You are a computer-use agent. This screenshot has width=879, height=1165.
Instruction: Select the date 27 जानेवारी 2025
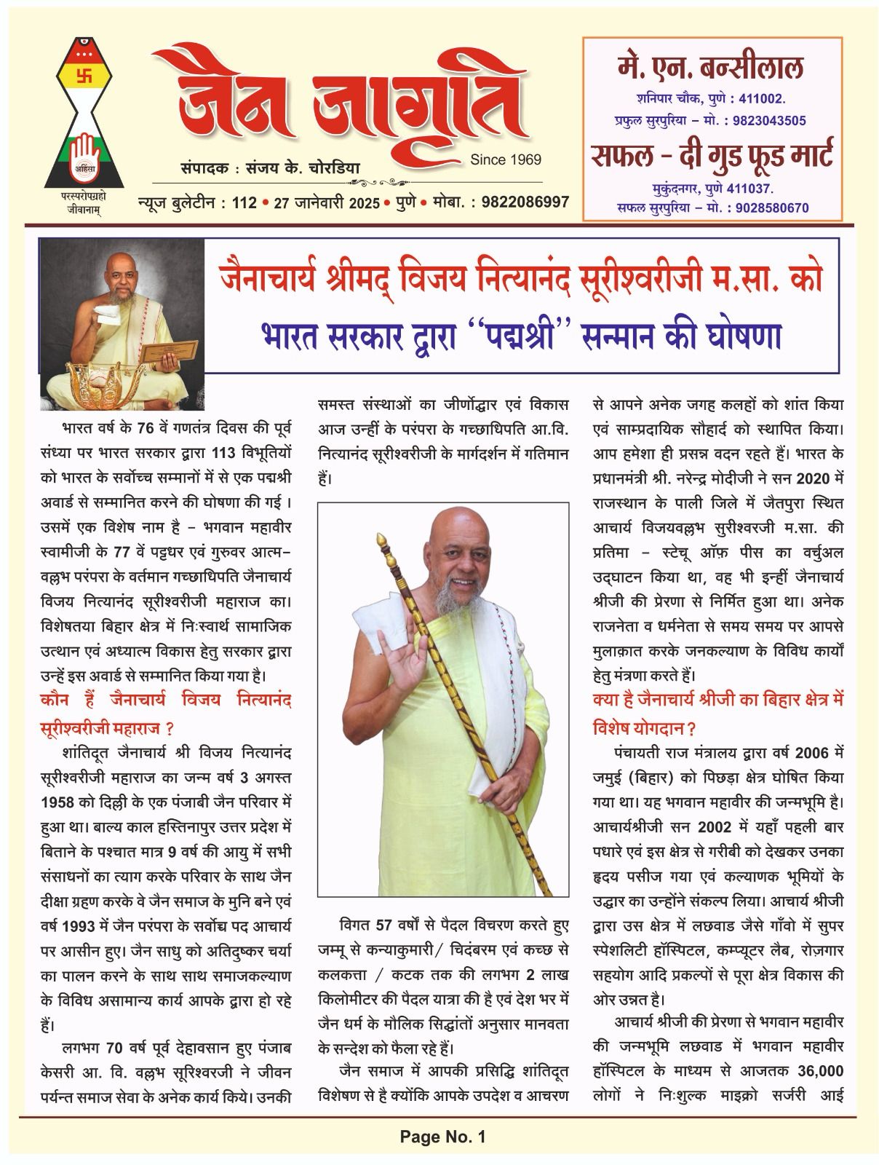[x=327, y=202]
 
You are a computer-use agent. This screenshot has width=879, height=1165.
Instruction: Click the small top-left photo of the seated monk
[x=122, y=325]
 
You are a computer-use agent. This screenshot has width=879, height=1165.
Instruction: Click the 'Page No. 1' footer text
[x=442, y=1136]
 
